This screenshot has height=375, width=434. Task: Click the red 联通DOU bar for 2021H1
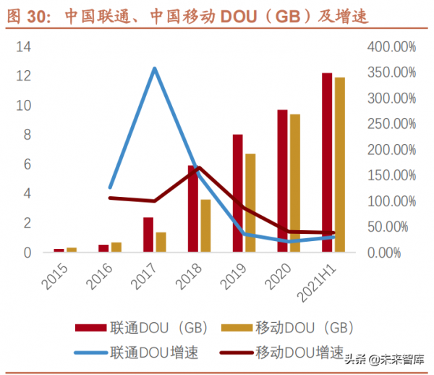pyautogui.click(x=327, y=163)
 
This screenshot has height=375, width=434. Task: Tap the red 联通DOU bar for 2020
pyautogui.click(x=282, y=181)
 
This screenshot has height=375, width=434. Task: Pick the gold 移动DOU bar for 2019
pyautogui.click(x=250, y=203)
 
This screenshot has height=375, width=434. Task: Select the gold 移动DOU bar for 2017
pyautogui.click(x=161, y=243)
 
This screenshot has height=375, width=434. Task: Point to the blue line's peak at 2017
pyautogui.click(x=154, y=68)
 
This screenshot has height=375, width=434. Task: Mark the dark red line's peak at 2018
pyautogui.click(x=199, y=167)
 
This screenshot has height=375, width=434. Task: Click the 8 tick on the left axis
pyautogui.click(x=27, y=135)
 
